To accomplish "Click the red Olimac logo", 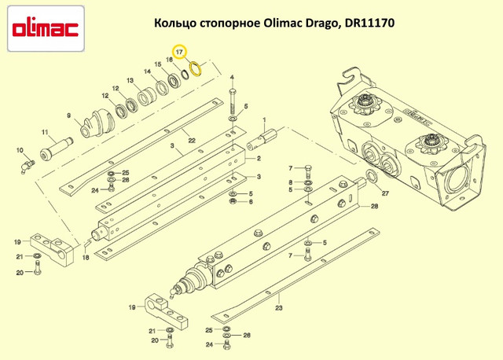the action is pos(46,29).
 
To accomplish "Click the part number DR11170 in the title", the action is pos(369,23).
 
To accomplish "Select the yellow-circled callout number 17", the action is pos(179,52).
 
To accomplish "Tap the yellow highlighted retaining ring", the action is pos(195,69).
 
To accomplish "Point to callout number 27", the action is pos(385,193).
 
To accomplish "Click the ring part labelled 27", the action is pos(372,176).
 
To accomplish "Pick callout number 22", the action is pos(192,141).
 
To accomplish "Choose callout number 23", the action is pos(279,308).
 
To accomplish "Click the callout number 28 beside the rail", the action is pos(374,206).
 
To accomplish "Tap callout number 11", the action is pos(45,132).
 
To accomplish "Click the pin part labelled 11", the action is pos(56,149).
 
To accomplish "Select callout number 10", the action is pos(20,150).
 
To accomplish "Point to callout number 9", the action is pos(68,116).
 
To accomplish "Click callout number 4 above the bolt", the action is pos(232,77).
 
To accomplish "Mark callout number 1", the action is pos(264,120).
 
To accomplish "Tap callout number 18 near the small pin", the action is pos(86,257).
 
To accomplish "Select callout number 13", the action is pos(130,80).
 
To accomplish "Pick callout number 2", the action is pos(259,159).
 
